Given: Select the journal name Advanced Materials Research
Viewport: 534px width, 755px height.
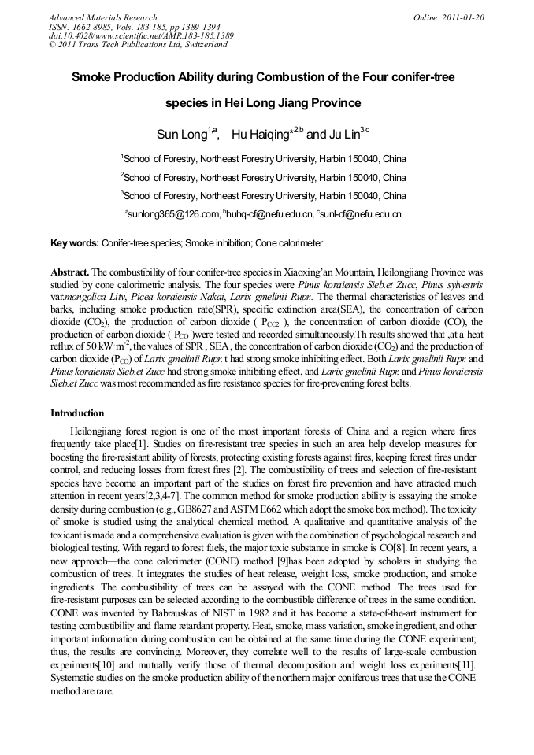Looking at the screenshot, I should coord(102,17).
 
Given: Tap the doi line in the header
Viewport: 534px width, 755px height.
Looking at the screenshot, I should coord(141,35).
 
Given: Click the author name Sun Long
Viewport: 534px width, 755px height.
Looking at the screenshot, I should coord(181,135).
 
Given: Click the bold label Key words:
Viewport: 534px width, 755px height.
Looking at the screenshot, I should coord(75,244).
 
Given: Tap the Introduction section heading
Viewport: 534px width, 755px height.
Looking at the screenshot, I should coord(77,413).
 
